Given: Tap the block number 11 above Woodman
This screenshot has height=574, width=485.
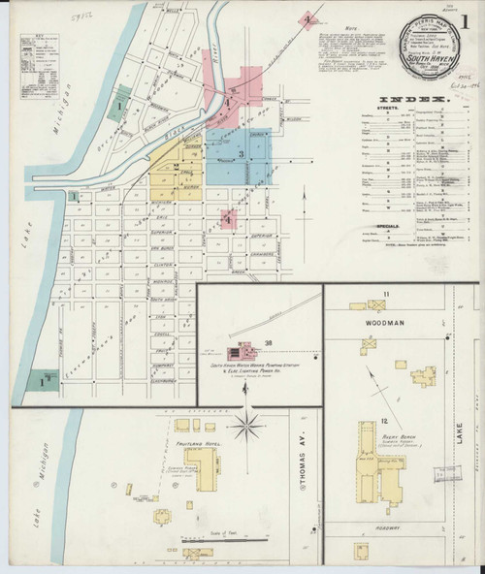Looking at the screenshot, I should pyautogui.click(x=385, y=293).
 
